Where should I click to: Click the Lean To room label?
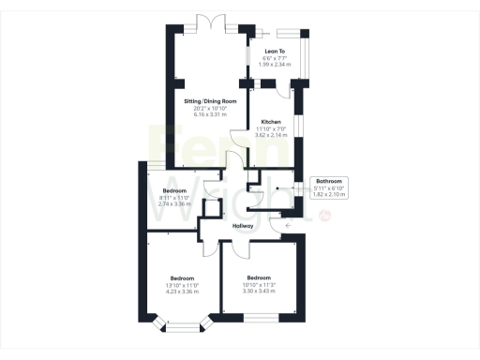click(274, 51)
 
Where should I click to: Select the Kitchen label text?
click(271, 123)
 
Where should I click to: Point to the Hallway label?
click(244, 226)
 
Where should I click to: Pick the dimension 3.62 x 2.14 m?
click(271, 136)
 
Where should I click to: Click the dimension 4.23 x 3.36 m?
click(182, 292)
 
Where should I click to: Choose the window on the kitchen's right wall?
click(296, 126)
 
